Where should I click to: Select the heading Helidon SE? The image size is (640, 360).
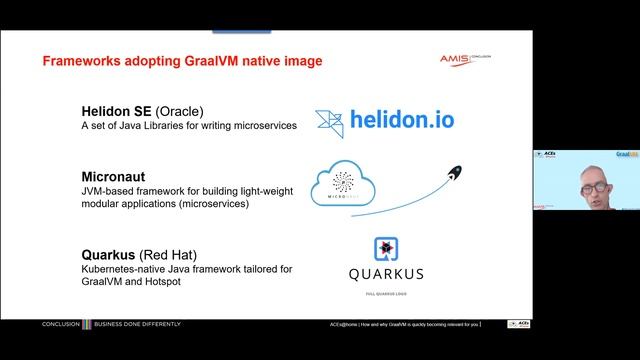118,112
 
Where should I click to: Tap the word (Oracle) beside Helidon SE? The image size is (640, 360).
182,112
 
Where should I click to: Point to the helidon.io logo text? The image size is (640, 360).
401,121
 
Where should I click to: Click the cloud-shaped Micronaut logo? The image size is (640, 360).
343,182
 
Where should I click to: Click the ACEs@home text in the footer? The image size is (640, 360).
349,325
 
